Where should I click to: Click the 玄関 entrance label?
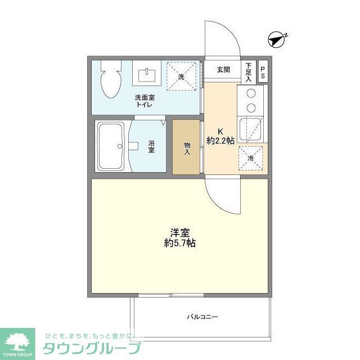pos(223,70)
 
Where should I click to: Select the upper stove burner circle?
pos(251,93)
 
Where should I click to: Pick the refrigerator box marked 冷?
pos(252,157)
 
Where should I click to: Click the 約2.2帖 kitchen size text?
pos(221,141)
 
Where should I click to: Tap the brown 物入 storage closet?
pos(186,147)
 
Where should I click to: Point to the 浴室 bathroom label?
pos(151,146)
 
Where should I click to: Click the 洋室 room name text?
pos(180,232)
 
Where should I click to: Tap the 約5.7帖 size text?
pos(180,244)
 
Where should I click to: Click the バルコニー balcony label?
pos(202,317)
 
